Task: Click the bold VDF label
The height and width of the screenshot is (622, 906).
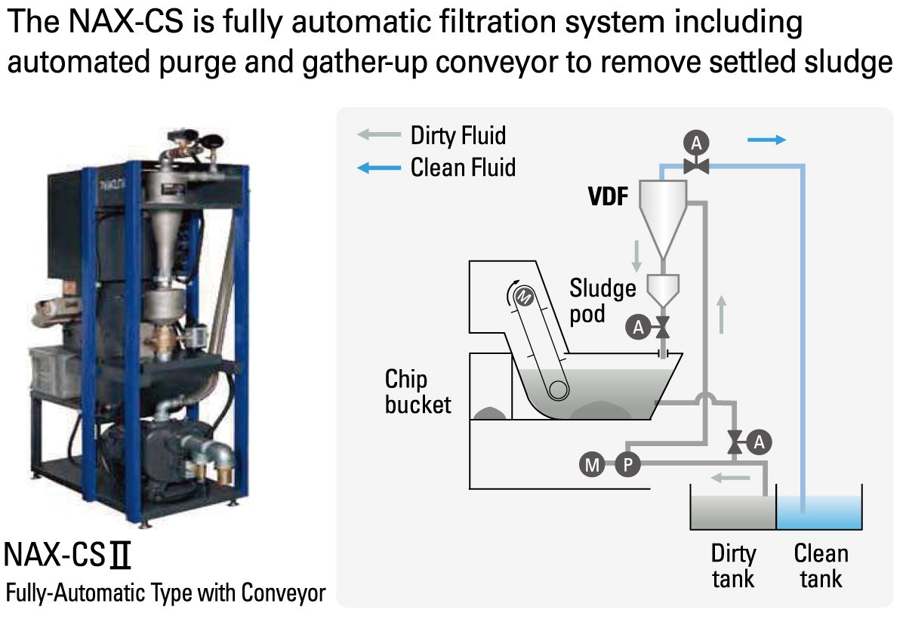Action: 609,198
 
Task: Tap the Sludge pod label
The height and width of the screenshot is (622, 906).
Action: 602,300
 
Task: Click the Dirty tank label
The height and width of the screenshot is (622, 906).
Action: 732,566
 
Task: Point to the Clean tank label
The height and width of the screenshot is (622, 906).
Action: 821,566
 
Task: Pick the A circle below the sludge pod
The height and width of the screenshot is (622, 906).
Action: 639,327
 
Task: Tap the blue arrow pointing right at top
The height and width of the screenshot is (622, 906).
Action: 766,140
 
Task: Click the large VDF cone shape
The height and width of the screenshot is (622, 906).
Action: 663,215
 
